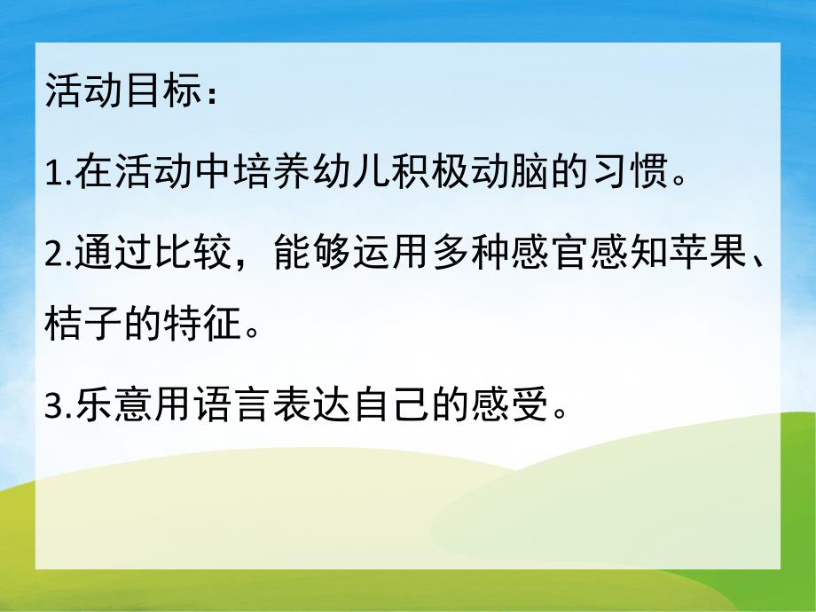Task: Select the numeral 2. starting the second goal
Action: (x=58, y=255)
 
